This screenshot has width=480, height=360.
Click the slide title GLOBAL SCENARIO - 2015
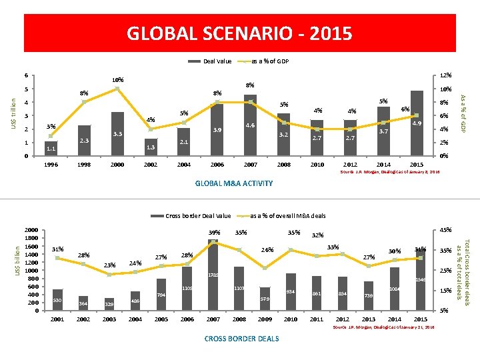coord(239,33)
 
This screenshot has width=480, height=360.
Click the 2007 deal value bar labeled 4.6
coord(250,127)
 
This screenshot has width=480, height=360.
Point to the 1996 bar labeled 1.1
coord(51,149)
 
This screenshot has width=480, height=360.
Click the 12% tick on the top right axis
coord(446,75)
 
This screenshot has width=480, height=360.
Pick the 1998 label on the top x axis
coord(84,165)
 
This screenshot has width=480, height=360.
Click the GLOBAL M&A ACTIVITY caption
coord(234,183)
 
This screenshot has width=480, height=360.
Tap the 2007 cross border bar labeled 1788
coord(213,275)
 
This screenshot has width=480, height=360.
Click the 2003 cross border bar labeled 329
coord(109,304)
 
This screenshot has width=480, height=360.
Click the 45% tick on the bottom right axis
coord(446,231)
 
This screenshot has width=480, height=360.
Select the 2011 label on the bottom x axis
coord(316,319)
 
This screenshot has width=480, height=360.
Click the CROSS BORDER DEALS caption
coord(241,339)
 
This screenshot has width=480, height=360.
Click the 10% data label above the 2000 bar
coord(117,81)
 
